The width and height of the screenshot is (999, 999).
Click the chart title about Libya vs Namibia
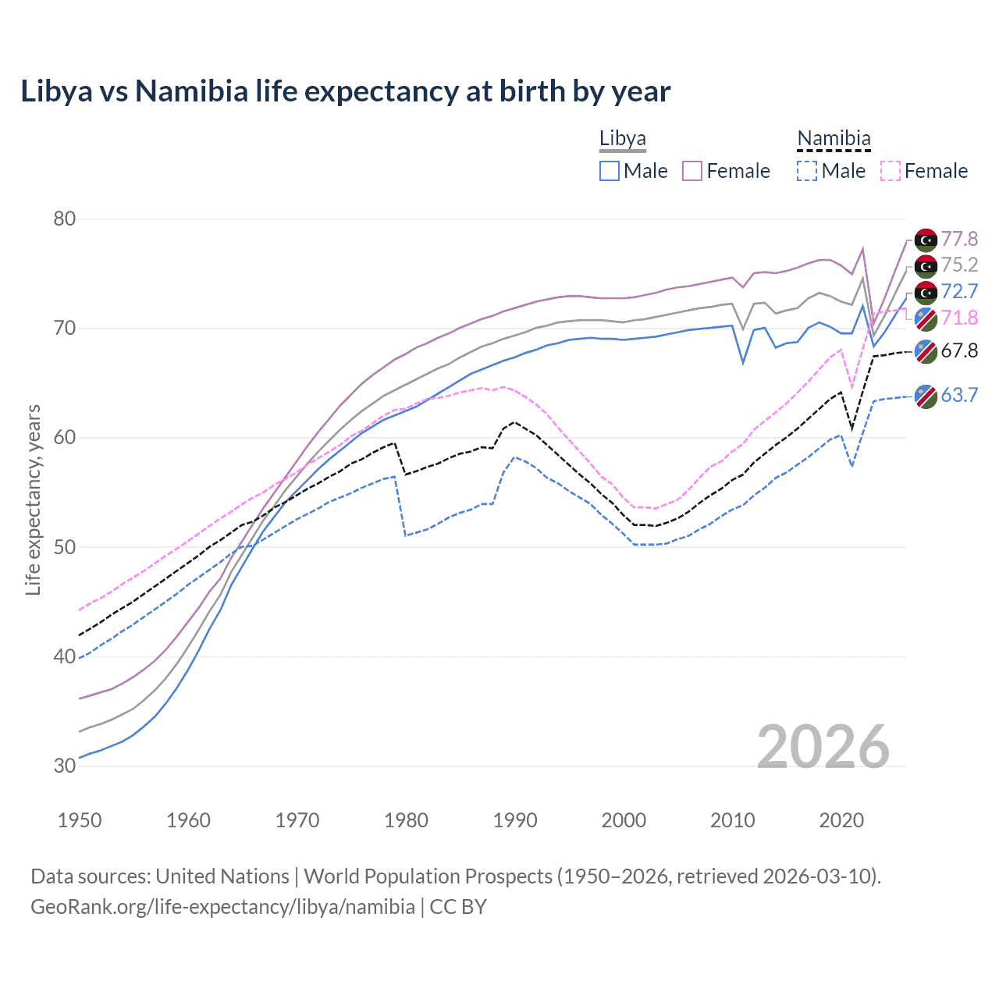(345, 91)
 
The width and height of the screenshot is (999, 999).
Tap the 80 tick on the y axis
(65, 219)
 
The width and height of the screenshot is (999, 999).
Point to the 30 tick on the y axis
(65, 766)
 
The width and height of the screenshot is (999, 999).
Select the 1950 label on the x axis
(80, 820)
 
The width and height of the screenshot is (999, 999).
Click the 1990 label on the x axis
(515, 820)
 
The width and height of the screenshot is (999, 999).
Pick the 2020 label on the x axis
(841, 820)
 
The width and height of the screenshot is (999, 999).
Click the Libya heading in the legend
(623, 139)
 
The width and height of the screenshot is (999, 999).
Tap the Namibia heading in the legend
(834, 139)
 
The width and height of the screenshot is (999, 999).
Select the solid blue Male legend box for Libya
(610, 171)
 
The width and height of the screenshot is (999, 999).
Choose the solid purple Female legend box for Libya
(692, 171)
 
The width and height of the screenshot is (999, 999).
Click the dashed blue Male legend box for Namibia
(807, 171)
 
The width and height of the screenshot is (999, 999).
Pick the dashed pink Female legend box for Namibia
(890, 171)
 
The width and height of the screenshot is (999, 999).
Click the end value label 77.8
(959, 239)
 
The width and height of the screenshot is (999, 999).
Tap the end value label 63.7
(959, 395)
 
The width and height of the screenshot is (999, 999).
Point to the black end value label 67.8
(959, 350)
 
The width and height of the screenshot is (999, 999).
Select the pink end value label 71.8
(959, 318)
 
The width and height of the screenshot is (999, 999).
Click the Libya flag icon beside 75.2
(926, 267)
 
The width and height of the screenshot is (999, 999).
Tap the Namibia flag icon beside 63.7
(926, 396)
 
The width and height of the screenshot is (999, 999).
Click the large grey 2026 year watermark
(823, 747)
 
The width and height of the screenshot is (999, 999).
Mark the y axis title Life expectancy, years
(33, 499)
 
